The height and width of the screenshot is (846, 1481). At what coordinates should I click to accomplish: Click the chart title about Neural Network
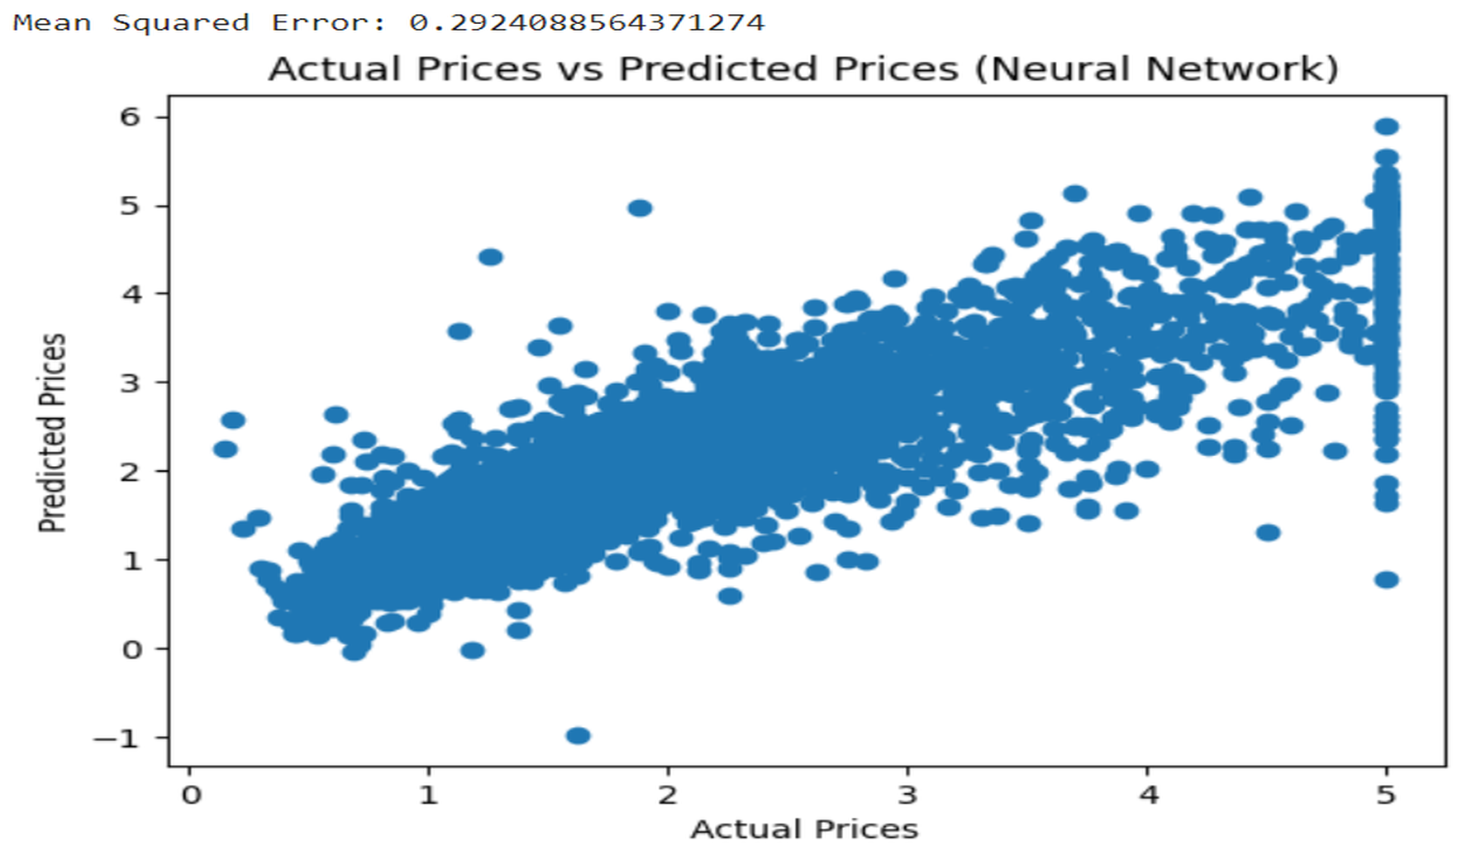coord(802,69)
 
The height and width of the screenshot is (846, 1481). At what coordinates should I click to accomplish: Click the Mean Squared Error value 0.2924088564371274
coord(587,22)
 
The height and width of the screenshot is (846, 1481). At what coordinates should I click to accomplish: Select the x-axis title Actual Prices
coord(804,829)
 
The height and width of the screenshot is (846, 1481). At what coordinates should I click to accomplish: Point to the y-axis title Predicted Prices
coord(52,432)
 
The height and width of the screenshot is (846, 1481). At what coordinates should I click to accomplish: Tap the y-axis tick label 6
coord(130,117)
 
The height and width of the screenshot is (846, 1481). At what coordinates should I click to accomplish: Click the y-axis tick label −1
coord(116,738)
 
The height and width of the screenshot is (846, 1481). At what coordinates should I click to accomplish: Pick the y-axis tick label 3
coord(130,383)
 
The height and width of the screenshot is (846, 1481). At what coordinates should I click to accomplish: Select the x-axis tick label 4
coord(1148,796)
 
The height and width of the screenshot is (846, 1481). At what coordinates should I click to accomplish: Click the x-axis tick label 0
coord(191,796)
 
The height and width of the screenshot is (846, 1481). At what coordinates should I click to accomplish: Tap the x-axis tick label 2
coord(668,796)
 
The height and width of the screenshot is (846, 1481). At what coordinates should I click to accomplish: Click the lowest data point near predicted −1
coord(578,735)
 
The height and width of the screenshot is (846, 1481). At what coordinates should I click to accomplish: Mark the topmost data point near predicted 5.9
coord(1387,126)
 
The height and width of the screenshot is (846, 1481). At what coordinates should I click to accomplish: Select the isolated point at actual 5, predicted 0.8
coord(1387,580)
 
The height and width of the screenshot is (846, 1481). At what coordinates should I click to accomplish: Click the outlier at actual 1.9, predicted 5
coord(640,208)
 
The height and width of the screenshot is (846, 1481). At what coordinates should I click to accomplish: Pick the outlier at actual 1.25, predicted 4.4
coord(490,257)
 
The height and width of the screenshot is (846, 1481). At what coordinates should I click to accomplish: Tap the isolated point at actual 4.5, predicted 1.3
coord(1268,533)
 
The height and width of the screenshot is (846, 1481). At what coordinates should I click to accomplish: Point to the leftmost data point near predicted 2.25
coord(225,449)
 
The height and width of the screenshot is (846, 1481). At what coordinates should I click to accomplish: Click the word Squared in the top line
coord(181,22)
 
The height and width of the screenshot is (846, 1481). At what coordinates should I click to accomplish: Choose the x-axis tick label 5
coord(1386,796)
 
